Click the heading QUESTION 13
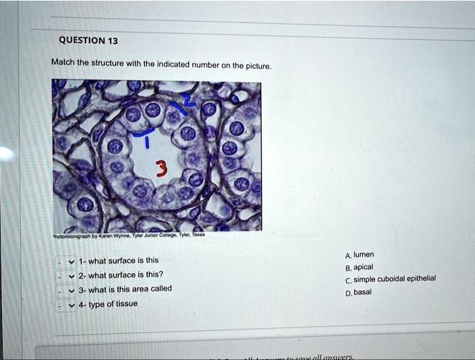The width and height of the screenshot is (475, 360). tap(88, 41)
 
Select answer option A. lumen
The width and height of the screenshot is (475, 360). tap(359, 255)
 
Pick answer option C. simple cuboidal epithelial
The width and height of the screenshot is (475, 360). tap(390, 279)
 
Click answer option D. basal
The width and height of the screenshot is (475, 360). tap(358, 292)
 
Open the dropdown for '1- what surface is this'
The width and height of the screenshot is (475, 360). tap(71, 261)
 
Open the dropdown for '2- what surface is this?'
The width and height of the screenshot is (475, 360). tap(71, 275)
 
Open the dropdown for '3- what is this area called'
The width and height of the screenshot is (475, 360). tap(71, 289)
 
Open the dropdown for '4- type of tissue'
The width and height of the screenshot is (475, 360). tap(71, 304)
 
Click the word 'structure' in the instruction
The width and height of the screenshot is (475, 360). tap(111, 63)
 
